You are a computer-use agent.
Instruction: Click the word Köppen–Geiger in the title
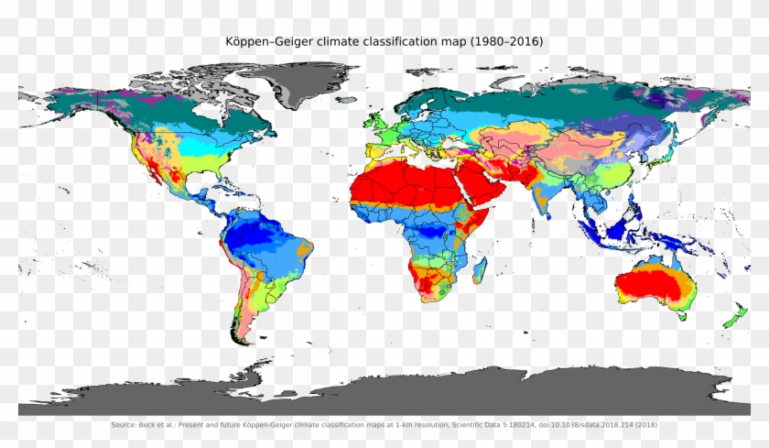(265, 43)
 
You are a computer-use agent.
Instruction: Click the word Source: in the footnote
(124, 425)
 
